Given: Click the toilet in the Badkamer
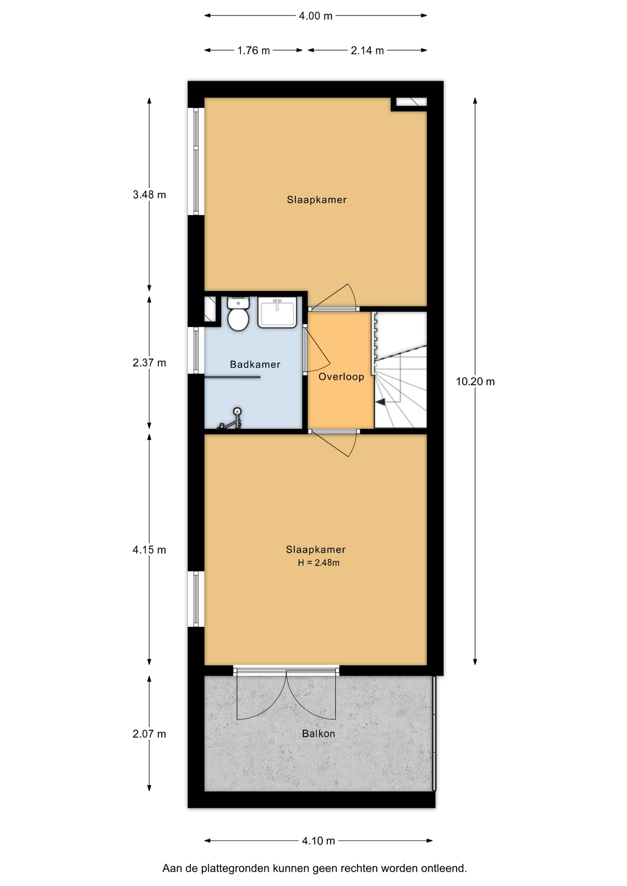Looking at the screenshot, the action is [238, 314].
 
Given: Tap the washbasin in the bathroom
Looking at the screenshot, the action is [277, 312].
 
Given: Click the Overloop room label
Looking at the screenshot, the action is [341, 377].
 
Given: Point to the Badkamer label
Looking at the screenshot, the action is [255, 365].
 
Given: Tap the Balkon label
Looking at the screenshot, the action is [319, 734].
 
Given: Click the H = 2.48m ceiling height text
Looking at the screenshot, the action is [319, 563].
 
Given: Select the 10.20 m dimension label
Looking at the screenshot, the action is [475, 382].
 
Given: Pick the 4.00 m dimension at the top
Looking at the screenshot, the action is [316, 16].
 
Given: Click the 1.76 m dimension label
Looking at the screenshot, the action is [253, 51].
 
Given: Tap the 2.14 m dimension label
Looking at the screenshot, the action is [368, 51].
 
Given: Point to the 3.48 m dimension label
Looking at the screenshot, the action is [150, 195].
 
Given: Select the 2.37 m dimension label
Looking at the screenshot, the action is [150, 363].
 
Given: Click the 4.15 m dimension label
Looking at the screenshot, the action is [150, 550].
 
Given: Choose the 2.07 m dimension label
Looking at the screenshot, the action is [150, 734].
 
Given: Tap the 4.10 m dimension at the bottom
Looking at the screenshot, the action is [319, 841].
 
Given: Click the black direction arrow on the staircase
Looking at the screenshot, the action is [380, 402].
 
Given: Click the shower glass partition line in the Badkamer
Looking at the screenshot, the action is [232, 377].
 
